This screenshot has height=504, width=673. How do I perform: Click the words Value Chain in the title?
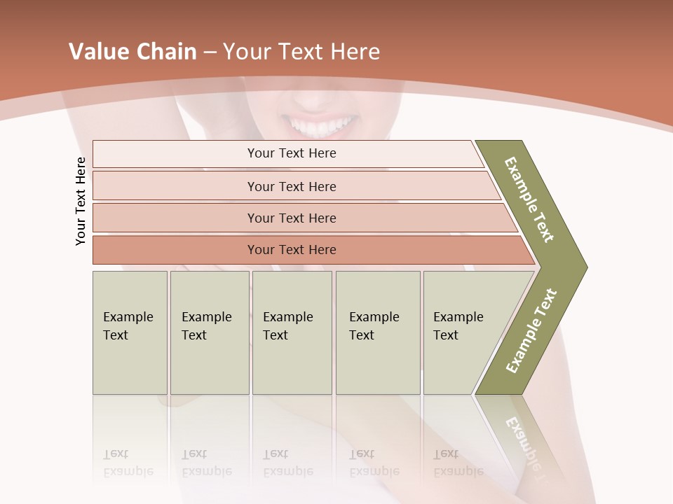tap(132, 52)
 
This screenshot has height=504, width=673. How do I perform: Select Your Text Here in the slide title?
tap(301, 52)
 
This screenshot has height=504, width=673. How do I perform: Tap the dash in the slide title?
tap(210, 52)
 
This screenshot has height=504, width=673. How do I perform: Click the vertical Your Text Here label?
tap(81, 201)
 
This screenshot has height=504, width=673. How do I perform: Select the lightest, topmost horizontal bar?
tap(292, 153)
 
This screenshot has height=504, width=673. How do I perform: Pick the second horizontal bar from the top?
tap(292, 186)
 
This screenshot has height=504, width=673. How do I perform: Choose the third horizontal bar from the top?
tap(292, 218)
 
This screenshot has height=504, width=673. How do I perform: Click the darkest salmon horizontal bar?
tap(292, 250)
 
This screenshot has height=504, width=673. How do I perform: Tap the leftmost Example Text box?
tap(130, 332)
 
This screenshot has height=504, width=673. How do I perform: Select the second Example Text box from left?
tap(209, 332)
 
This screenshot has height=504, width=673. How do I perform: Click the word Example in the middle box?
tap(287, 317)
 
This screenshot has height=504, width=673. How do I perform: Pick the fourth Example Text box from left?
tap(377, 332)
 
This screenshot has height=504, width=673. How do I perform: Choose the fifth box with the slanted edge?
tap(463, 332)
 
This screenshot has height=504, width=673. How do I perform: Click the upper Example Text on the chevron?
tap(529, 199)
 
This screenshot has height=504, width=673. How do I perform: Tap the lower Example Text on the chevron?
tap(531, 330)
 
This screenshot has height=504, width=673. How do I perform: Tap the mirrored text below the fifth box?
tap(457, 463)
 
